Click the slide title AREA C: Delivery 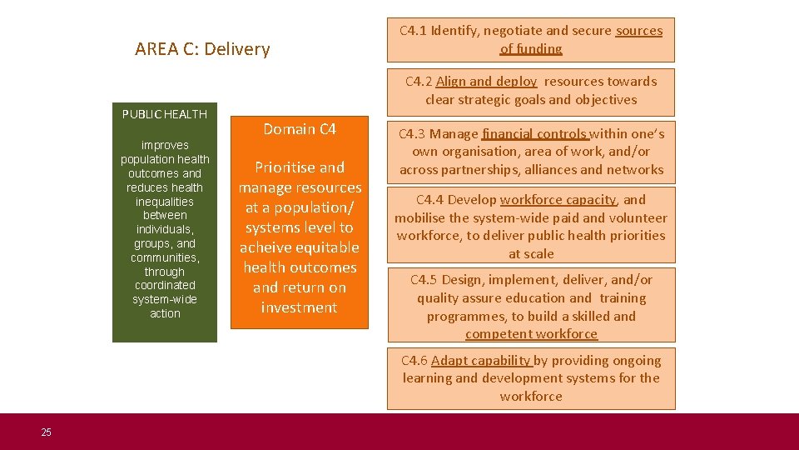(x=202, y=49)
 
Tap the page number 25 (x=46, y=432)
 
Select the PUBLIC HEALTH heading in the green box (x=165, y=114)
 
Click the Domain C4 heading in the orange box (x=300, y=129)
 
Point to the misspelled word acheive (x=268, y=247)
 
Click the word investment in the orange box (x=299, y=307)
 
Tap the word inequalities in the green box (x=165, y=202)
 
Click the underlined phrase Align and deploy (x=486, y=82)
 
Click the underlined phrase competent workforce (x=531, y=334)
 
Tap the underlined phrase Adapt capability (x=481, y=361)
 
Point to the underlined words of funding (x=531, y=49)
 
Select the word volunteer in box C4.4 (x=638, y=218)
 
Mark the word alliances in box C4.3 (x=551, y=170)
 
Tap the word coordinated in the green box (x=165, y=285)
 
